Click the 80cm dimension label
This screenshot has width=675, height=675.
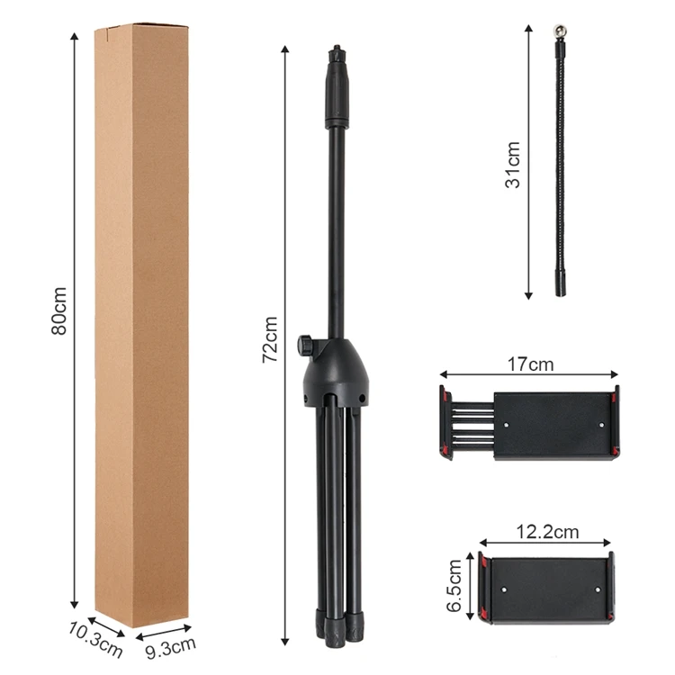click(59, 310)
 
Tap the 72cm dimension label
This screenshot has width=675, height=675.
click(270, 339)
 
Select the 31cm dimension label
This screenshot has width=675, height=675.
click(513, 165)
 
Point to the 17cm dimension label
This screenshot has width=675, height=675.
click(530, 364)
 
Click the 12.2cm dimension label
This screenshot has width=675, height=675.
click(547, 532)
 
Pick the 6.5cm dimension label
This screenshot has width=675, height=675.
click(454, 586)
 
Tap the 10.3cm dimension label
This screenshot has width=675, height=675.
click(95, 640)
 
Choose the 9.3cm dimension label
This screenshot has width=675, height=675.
click(170, 647)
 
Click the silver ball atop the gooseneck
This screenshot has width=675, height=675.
click(560, 31)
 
